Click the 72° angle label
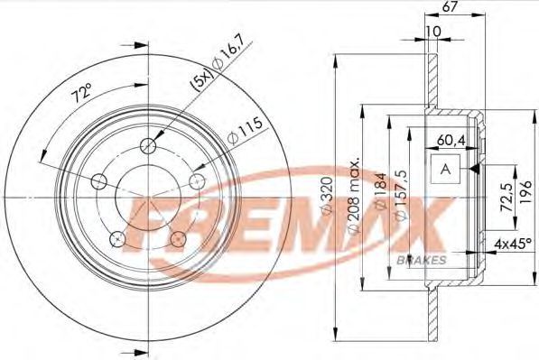[x=82, y=92]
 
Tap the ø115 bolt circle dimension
[x=245, y=131]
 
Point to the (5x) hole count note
[x=203, y=82]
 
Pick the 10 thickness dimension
[x=433, y=32]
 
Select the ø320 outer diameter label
[x=327, y=196]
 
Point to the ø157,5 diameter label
[x=401, y=195]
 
